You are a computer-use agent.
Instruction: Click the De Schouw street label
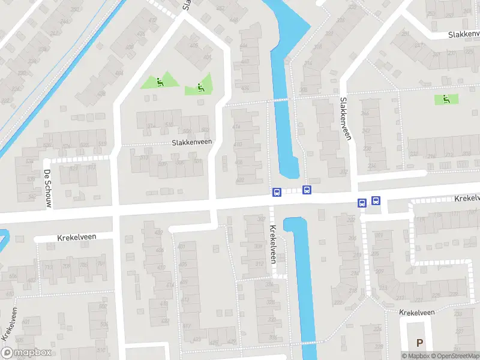pos(47,189)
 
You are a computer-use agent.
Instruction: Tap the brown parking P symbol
pos(419,343)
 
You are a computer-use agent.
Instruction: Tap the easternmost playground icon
pos(445,99)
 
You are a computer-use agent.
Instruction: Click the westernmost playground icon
pos(159,82)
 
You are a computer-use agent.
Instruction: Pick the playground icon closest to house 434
pos(200,88)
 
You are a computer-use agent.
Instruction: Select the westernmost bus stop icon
pos(277,192)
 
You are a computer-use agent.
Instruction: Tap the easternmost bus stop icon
pos(376,201)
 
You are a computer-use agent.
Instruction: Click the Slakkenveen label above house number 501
pos(192,143)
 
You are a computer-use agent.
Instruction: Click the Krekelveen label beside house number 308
pos(273,244)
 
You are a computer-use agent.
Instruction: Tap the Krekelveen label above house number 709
pos(76,237)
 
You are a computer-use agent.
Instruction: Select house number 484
pos(119,73)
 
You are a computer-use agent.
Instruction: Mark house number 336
pos(274,337)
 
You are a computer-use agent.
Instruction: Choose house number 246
pos(364,113)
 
